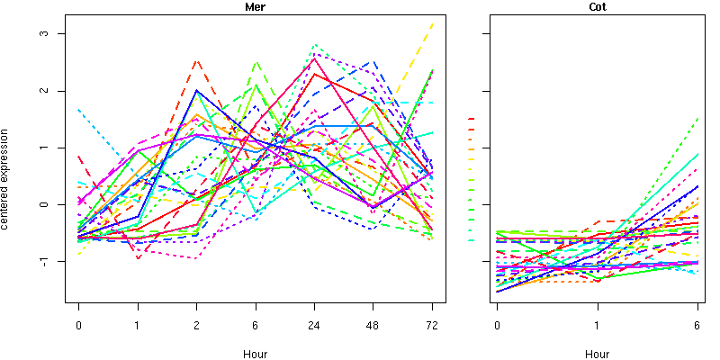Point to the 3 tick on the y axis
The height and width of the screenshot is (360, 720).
click(57, 33)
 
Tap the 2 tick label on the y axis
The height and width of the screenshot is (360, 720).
click(57, 91)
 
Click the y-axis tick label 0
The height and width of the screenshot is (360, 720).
click(57, 204)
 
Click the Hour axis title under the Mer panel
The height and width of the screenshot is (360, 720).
click(255, 354)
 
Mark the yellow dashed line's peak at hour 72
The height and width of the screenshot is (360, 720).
click(432, 23)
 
